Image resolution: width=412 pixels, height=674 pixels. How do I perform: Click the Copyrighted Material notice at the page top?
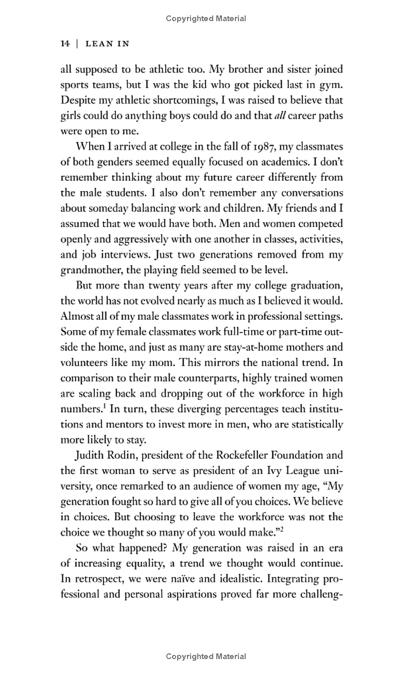pyautogui.click(x=206, y=19)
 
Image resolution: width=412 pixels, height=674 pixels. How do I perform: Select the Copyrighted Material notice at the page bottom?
pyautogui.click(x=206, y=656)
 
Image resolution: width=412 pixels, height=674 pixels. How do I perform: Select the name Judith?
pyautogui.click(x=91, y=455)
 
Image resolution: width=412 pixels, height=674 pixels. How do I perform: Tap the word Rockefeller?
pyautogui.click(x=226, y=455)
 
